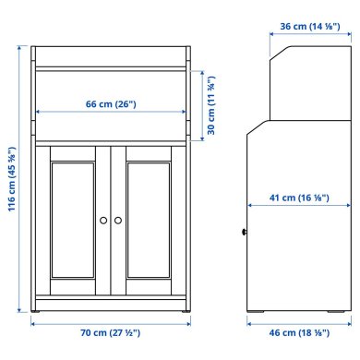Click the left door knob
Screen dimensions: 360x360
(x=103, y=220)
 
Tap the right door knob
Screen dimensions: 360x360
(x=117, y=220)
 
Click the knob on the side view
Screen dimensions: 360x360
(x=244, y=233)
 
